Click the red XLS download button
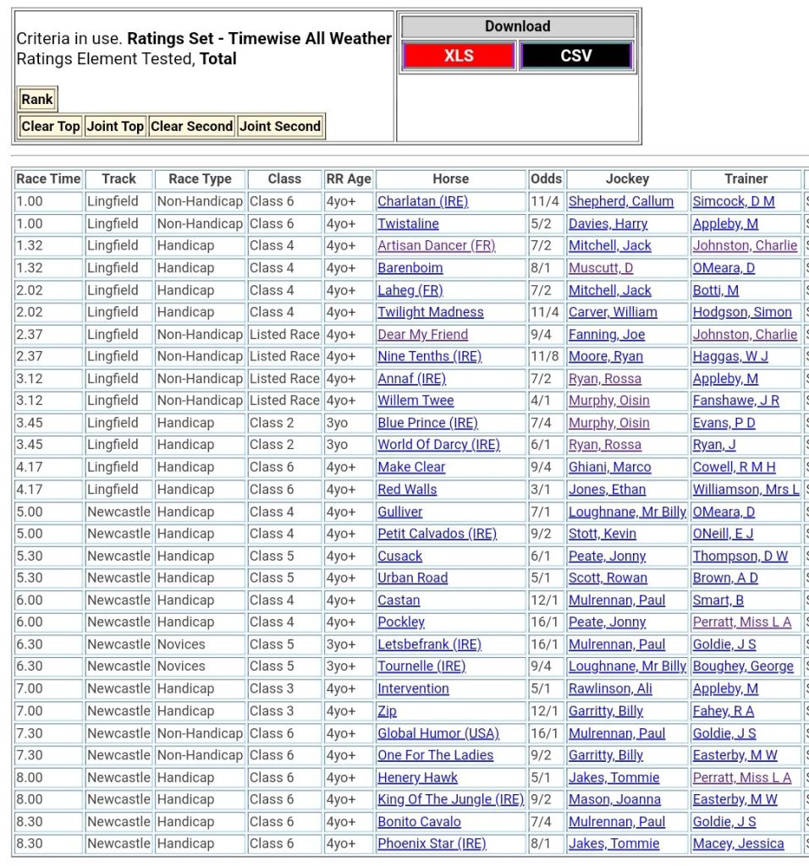click(x=459, y=56)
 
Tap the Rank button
click(x=37, y=99)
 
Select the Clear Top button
click(x=50, y=126)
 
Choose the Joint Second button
click(x=280, y=126)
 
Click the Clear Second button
click(x=191, y=126)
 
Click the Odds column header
click(x=546, y=178)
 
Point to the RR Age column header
click(x=349, y=178)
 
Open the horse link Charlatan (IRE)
click(x=422, y=201)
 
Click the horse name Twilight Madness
click(x=431, y=312)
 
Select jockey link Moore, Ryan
click(x=606, y=356)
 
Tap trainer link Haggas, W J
click(x=730, y=356)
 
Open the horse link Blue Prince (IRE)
click(x=427, y=423)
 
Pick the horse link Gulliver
click(x=399, y=512)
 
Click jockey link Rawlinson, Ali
click(x=610, y=688)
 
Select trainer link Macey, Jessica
click(x=738, y=843)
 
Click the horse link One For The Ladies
click(x=435, y=755)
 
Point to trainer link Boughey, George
click(x=743, y=666)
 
